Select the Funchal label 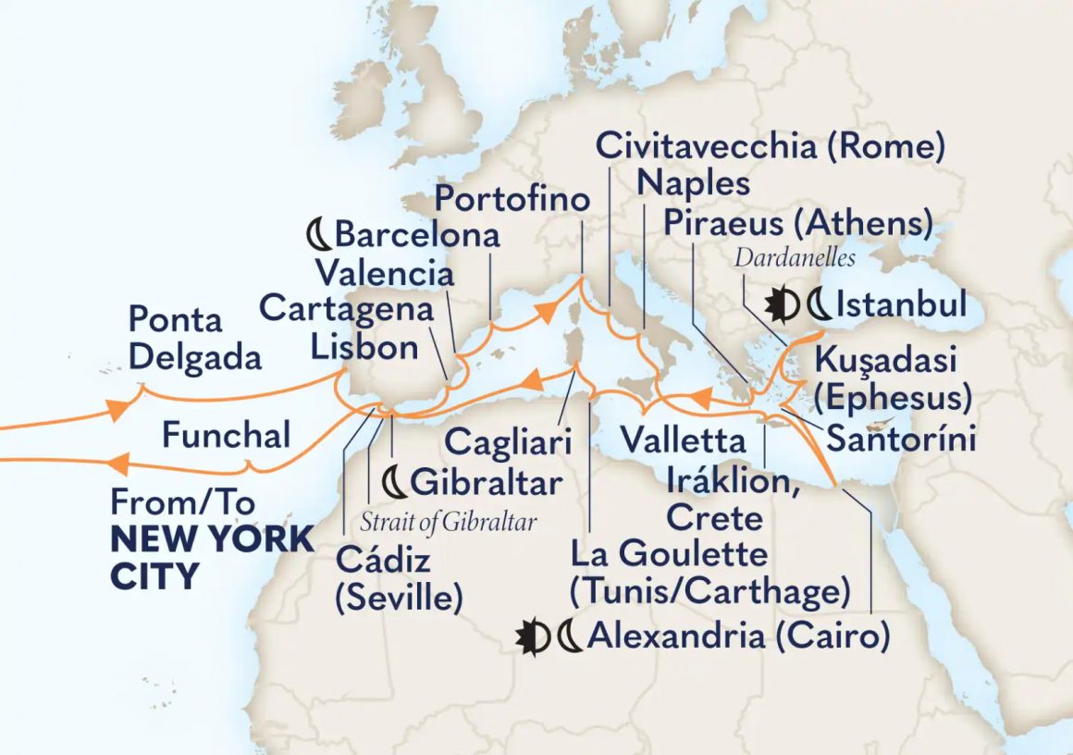pyautogui.click(x=226, y=434)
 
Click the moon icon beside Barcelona pyautogui.click(x=318, y=235)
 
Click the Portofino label pyautogui.click(x=512, y=198)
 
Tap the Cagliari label pyautogui.click(x=503, y=440)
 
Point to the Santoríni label pyautogui.click(x=901, y=439)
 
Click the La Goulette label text pyautogui.click(x=669, y=554)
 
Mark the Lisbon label pyautogui.click(x=364, y=348)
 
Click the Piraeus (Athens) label pyautogui.click(x=796, y=223)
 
